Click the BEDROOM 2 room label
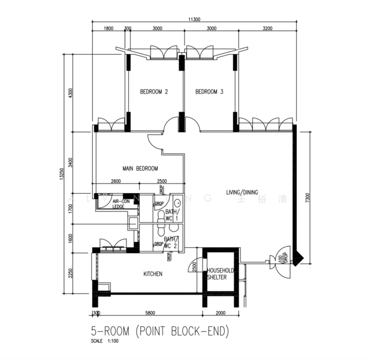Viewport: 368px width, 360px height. coord(153,92)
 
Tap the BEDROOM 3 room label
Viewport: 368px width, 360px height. coord(209,92)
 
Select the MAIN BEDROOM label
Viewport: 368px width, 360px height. coord(140,169)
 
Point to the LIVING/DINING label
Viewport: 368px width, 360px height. coord(242,193)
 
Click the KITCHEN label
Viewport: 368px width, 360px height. coord(153,274)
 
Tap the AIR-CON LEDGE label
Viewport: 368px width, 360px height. coord(121,204)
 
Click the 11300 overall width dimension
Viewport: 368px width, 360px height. coord(194,20)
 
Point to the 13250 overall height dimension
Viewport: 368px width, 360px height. coord(61,174)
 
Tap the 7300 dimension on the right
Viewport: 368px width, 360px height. coord(307,198)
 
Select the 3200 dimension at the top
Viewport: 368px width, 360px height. coord(267,28)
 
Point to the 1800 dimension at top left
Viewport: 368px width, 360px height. coord(108,28)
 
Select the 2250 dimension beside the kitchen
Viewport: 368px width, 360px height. coord(70,273)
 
